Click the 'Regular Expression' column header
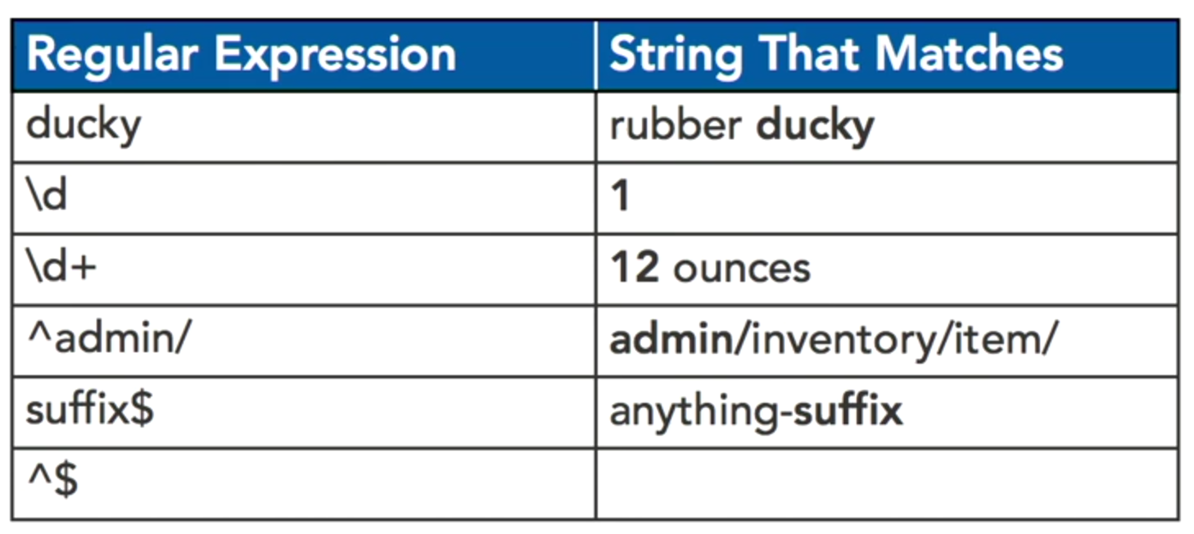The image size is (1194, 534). (241, 56)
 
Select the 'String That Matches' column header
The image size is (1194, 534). (835, 56)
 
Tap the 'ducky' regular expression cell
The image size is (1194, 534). (84, 127)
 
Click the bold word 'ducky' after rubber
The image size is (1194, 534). (815, 127)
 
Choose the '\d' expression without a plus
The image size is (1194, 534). (47, 197)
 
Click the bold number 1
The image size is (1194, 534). (621, 197)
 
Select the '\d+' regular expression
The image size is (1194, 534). (61, 269)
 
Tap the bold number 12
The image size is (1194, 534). (635, 269)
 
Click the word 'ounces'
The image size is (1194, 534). (741, 269)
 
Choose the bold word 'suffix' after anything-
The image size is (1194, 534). (848, 410)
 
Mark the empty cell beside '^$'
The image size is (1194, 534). (886, 483)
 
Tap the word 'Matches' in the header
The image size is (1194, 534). (969, 56)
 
